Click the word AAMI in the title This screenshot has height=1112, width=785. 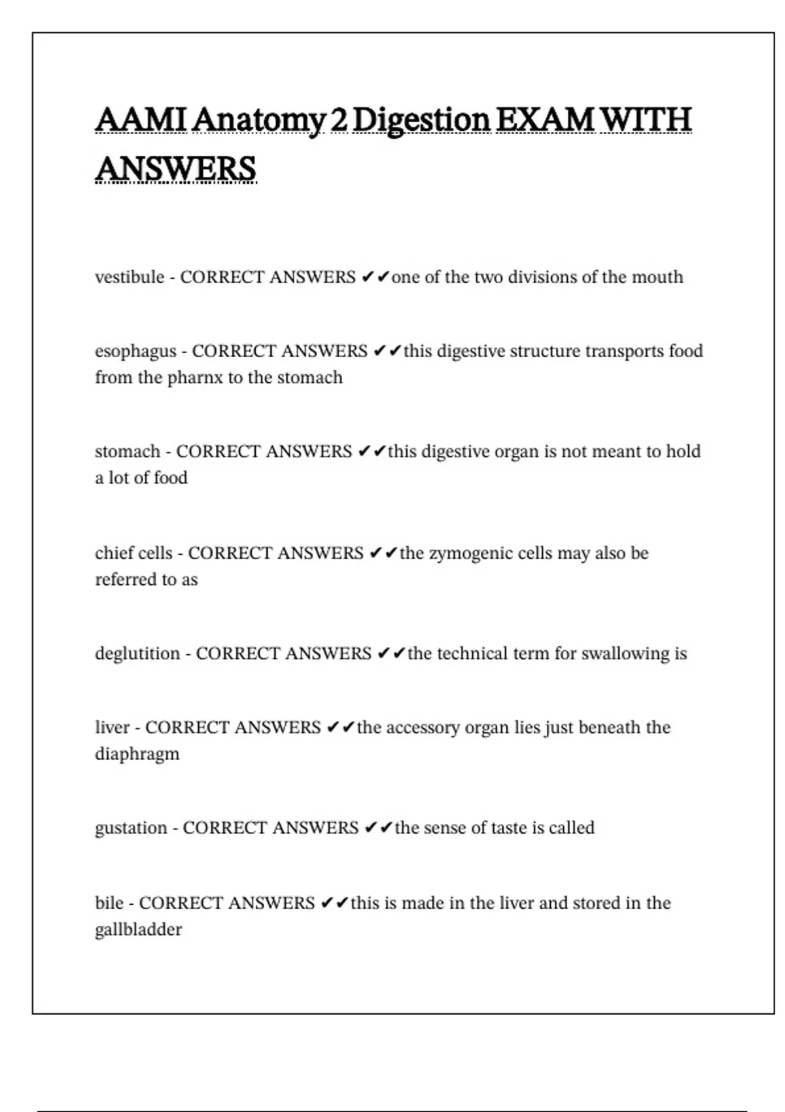pyautogui.click(x=141, y=120)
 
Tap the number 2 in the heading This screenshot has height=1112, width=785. pyautogui.click(x=339, y=120)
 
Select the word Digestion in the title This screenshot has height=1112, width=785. pyautogui.click(x=421, y=121)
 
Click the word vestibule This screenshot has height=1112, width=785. pyautogui.click(x=130, y=277)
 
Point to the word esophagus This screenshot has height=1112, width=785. pyautogui.click(x=135, y=352)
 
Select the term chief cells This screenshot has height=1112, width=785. pyautogui.click(x=133, y=553)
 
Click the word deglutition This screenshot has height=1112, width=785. pyautogui.click(x=137, y=653)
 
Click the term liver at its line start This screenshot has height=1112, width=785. pyautogui.click(x=113, y=727)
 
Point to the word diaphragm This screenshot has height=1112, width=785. pyautogui.click(x=137, y=754)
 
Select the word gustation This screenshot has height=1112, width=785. pyautogui.click(x=131, y=828)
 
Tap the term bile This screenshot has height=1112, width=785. pyautogui.click(x=109, y=903)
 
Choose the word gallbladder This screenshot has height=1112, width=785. pyautogui.click(x=138, y=930)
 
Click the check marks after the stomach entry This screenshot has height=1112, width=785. pyautogui.click(x=372, y=452)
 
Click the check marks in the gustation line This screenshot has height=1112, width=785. pyautogui.click(x=378, y=828)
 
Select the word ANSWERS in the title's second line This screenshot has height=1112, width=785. pyautogui.click(x=175, y=169)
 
